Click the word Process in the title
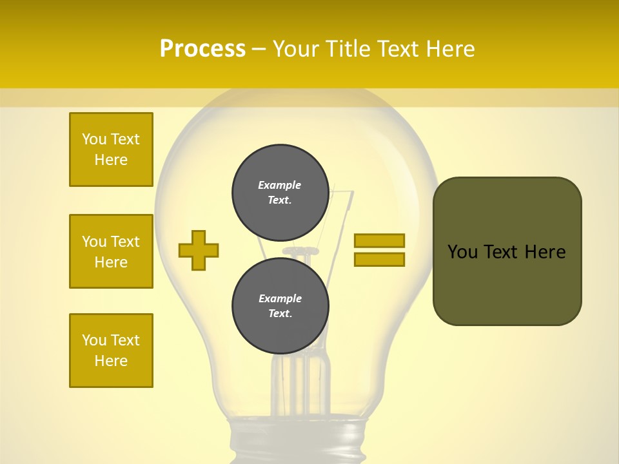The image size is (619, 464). click(x=202, y=49)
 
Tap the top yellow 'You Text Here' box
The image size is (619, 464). click(x=111, y=150)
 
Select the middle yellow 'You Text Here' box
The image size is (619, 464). click(x=111, y=251)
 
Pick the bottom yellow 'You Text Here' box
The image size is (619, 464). click(x=111, y=351)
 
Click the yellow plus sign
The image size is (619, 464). click(x=199, y=250)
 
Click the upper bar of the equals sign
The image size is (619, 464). click(x=379, y=240)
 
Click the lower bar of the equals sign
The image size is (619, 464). click(x=379, y=260)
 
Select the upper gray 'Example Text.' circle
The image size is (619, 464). click(x=280, y=192)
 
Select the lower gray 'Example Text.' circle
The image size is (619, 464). click(x=280, y=305)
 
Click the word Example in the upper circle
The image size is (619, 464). click(x=280, y=185)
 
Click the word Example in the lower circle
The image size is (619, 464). click(x=280, y=298)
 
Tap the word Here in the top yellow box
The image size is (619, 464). click(x=111, y=160)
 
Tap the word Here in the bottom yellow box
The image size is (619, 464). click(x=111, y=361)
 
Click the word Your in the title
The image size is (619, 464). click(x=295, y=49)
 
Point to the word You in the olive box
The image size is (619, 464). click(x=463, y=252)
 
